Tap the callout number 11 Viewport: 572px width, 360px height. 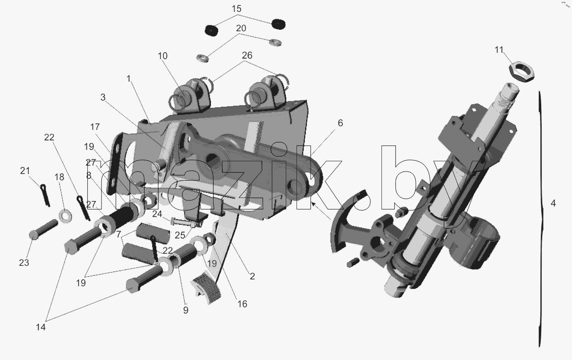[499, 50]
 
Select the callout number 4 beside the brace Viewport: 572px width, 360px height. [553, 203]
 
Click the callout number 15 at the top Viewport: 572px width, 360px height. [236, 9]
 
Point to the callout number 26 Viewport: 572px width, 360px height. [247, 55]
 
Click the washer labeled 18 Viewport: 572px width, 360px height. [65, 216]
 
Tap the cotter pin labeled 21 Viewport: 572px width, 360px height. [45, 195]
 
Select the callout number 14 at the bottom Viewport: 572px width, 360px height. [40, 327]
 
